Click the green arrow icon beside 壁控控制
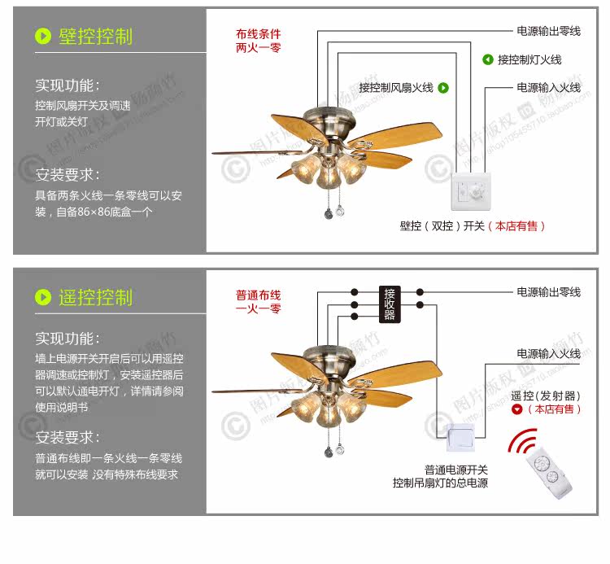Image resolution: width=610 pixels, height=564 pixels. pos(43,37)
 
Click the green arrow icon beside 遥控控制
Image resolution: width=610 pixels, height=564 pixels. pos(43,297)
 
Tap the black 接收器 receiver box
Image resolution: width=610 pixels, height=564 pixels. pos(389,304)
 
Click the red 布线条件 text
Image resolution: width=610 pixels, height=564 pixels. pos(258,34)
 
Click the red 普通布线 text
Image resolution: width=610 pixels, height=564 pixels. pos(258,295)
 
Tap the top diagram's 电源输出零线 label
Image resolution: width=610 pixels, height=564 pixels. pos(548,31)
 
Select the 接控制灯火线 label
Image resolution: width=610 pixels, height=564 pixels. pos(529,59)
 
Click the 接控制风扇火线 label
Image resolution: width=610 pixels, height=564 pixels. pos(396,88)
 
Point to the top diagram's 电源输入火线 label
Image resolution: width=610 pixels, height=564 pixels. pos(548,87)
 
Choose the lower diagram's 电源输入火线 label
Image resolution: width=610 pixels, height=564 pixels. pos(548,353)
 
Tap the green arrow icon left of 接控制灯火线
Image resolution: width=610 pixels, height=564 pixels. pos(488,59)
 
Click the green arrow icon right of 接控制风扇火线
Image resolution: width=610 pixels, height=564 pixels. pos(444,88)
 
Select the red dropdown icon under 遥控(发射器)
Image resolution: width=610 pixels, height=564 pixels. pos(516,409)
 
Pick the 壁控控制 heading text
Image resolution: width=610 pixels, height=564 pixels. pos(95,37)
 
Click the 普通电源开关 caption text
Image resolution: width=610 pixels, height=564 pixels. pos(455,470)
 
